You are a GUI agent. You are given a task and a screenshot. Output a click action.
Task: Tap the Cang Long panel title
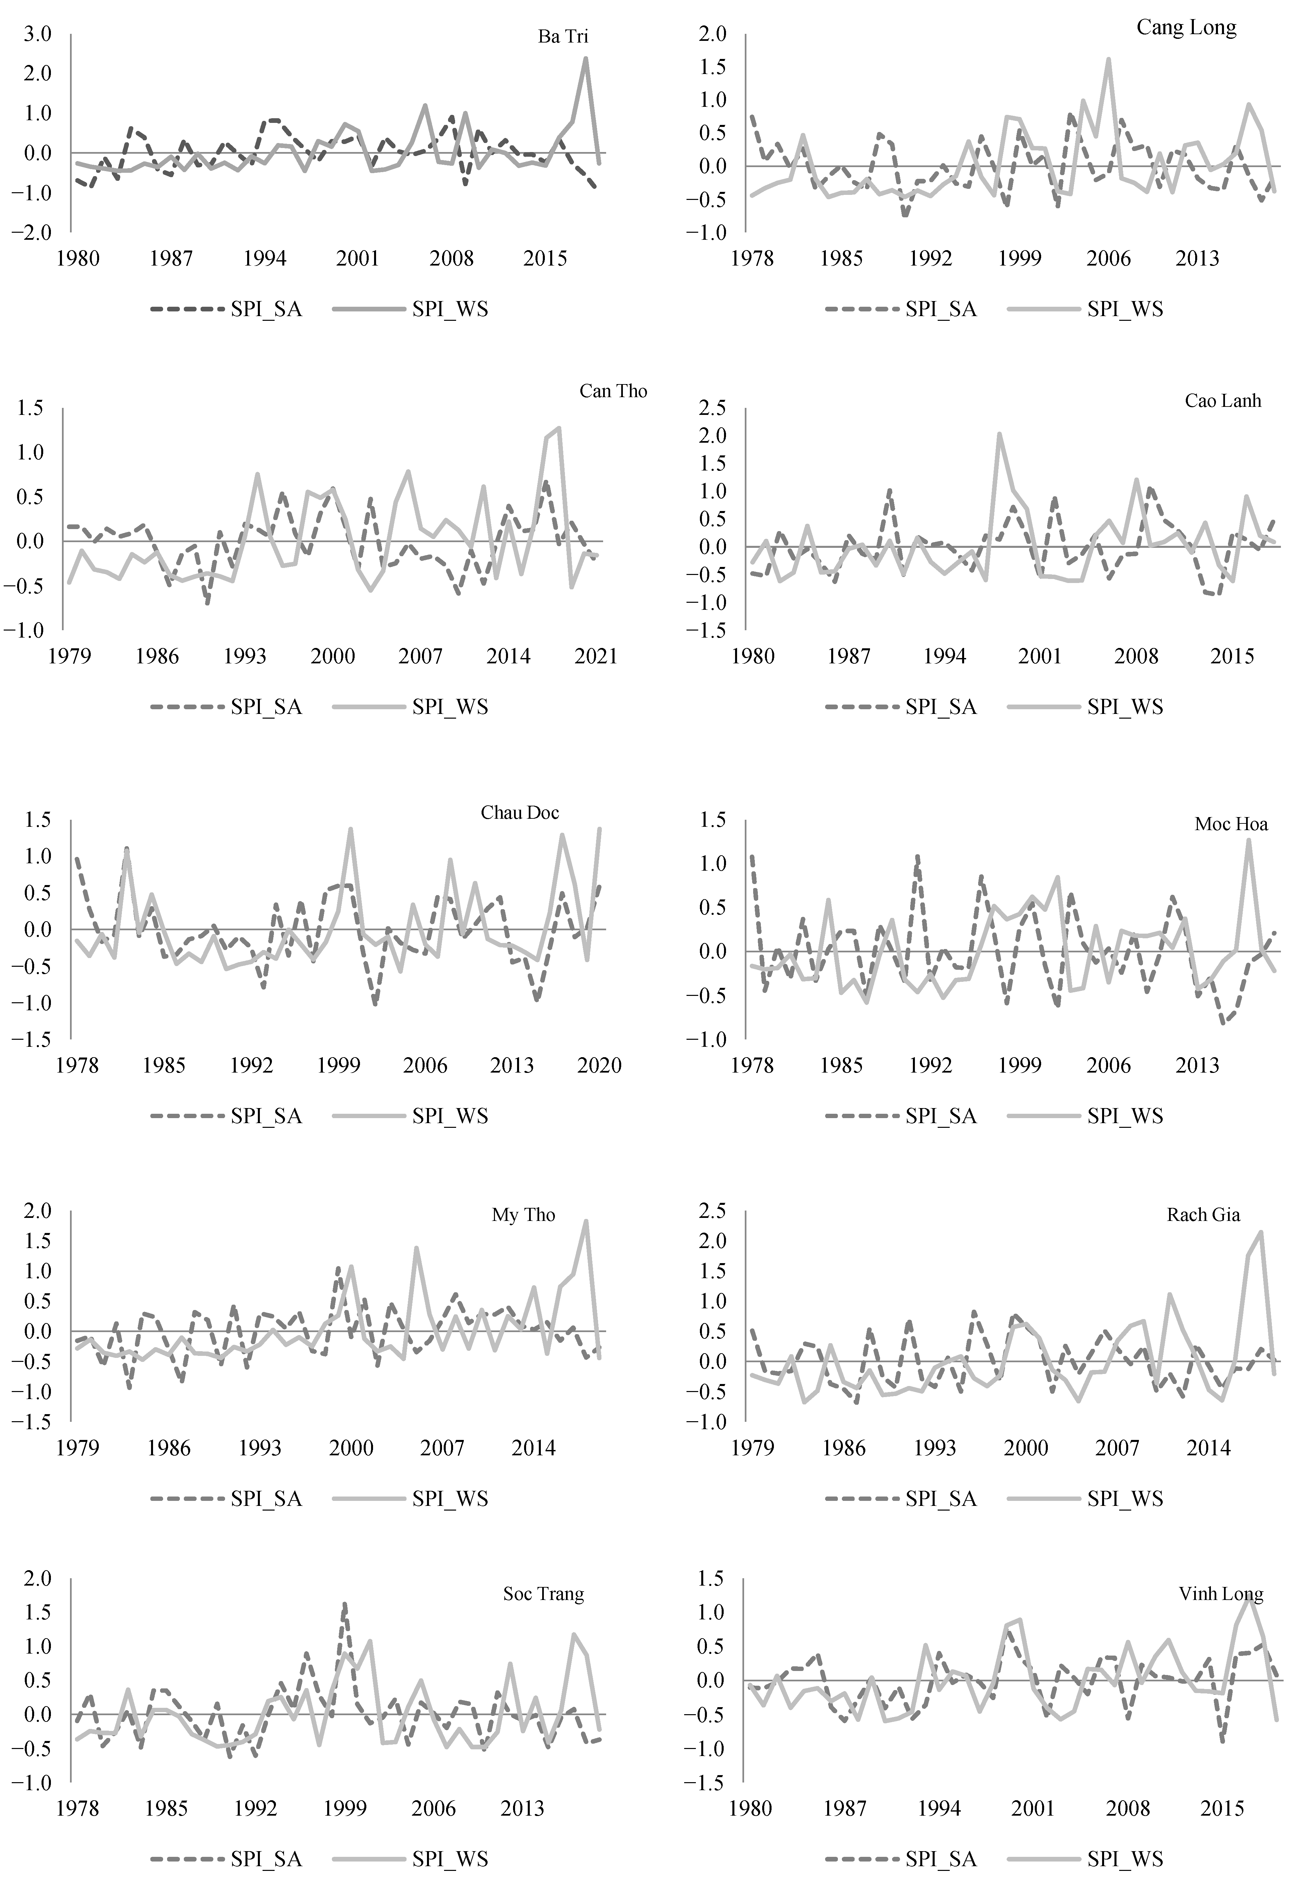click(1186, 28)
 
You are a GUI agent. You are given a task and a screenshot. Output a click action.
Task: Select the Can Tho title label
click(613, 391)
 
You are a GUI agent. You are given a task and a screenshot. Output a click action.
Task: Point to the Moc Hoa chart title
click(1231, 824)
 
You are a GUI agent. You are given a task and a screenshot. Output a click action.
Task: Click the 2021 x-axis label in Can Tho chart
click(596, 656)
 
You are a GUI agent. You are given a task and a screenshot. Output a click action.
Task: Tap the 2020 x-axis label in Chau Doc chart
click(599, 1065)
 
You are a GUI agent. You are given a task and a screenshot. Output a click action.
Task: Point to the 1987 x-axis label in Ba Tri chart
click(171, 259)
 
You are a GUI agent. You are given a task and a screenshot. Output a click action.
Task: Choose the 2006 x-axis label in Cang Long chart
click(1109, 259)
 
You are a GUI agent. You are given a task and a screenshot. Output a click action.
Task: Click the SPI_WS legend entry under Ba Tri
click(450, 309)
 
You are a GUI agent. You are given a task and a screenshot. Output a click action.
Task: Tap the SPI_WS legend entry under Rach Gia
click(1125, 1498)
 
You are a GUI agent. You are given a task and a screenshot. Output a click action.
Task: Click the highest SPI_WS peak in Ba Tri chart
click(585, 58)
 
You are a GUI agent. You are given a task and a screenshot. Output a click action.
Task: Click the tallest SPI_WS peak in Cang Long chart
click(1109, 59)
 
